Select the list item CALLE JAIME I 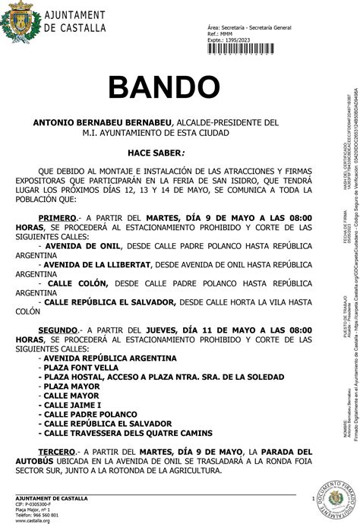[x=74, y=405]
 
